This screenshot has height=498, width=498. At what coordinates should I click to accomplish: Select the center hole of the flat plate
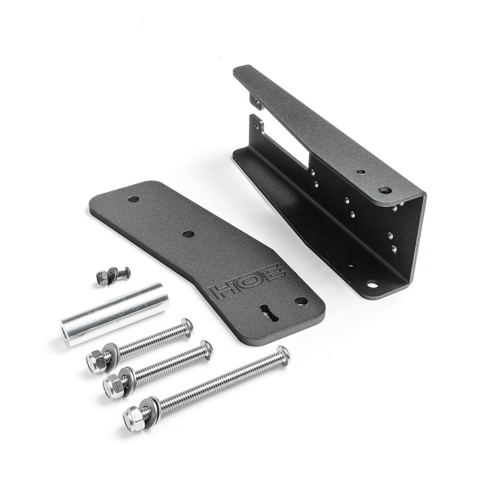tap(188, 235)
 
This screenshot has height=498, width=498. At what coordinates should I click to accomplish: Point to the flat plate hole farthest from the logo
tap(133, 200)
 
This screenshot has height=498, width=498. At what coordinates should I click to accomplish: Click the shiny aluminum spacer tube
tap(115, 314)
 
